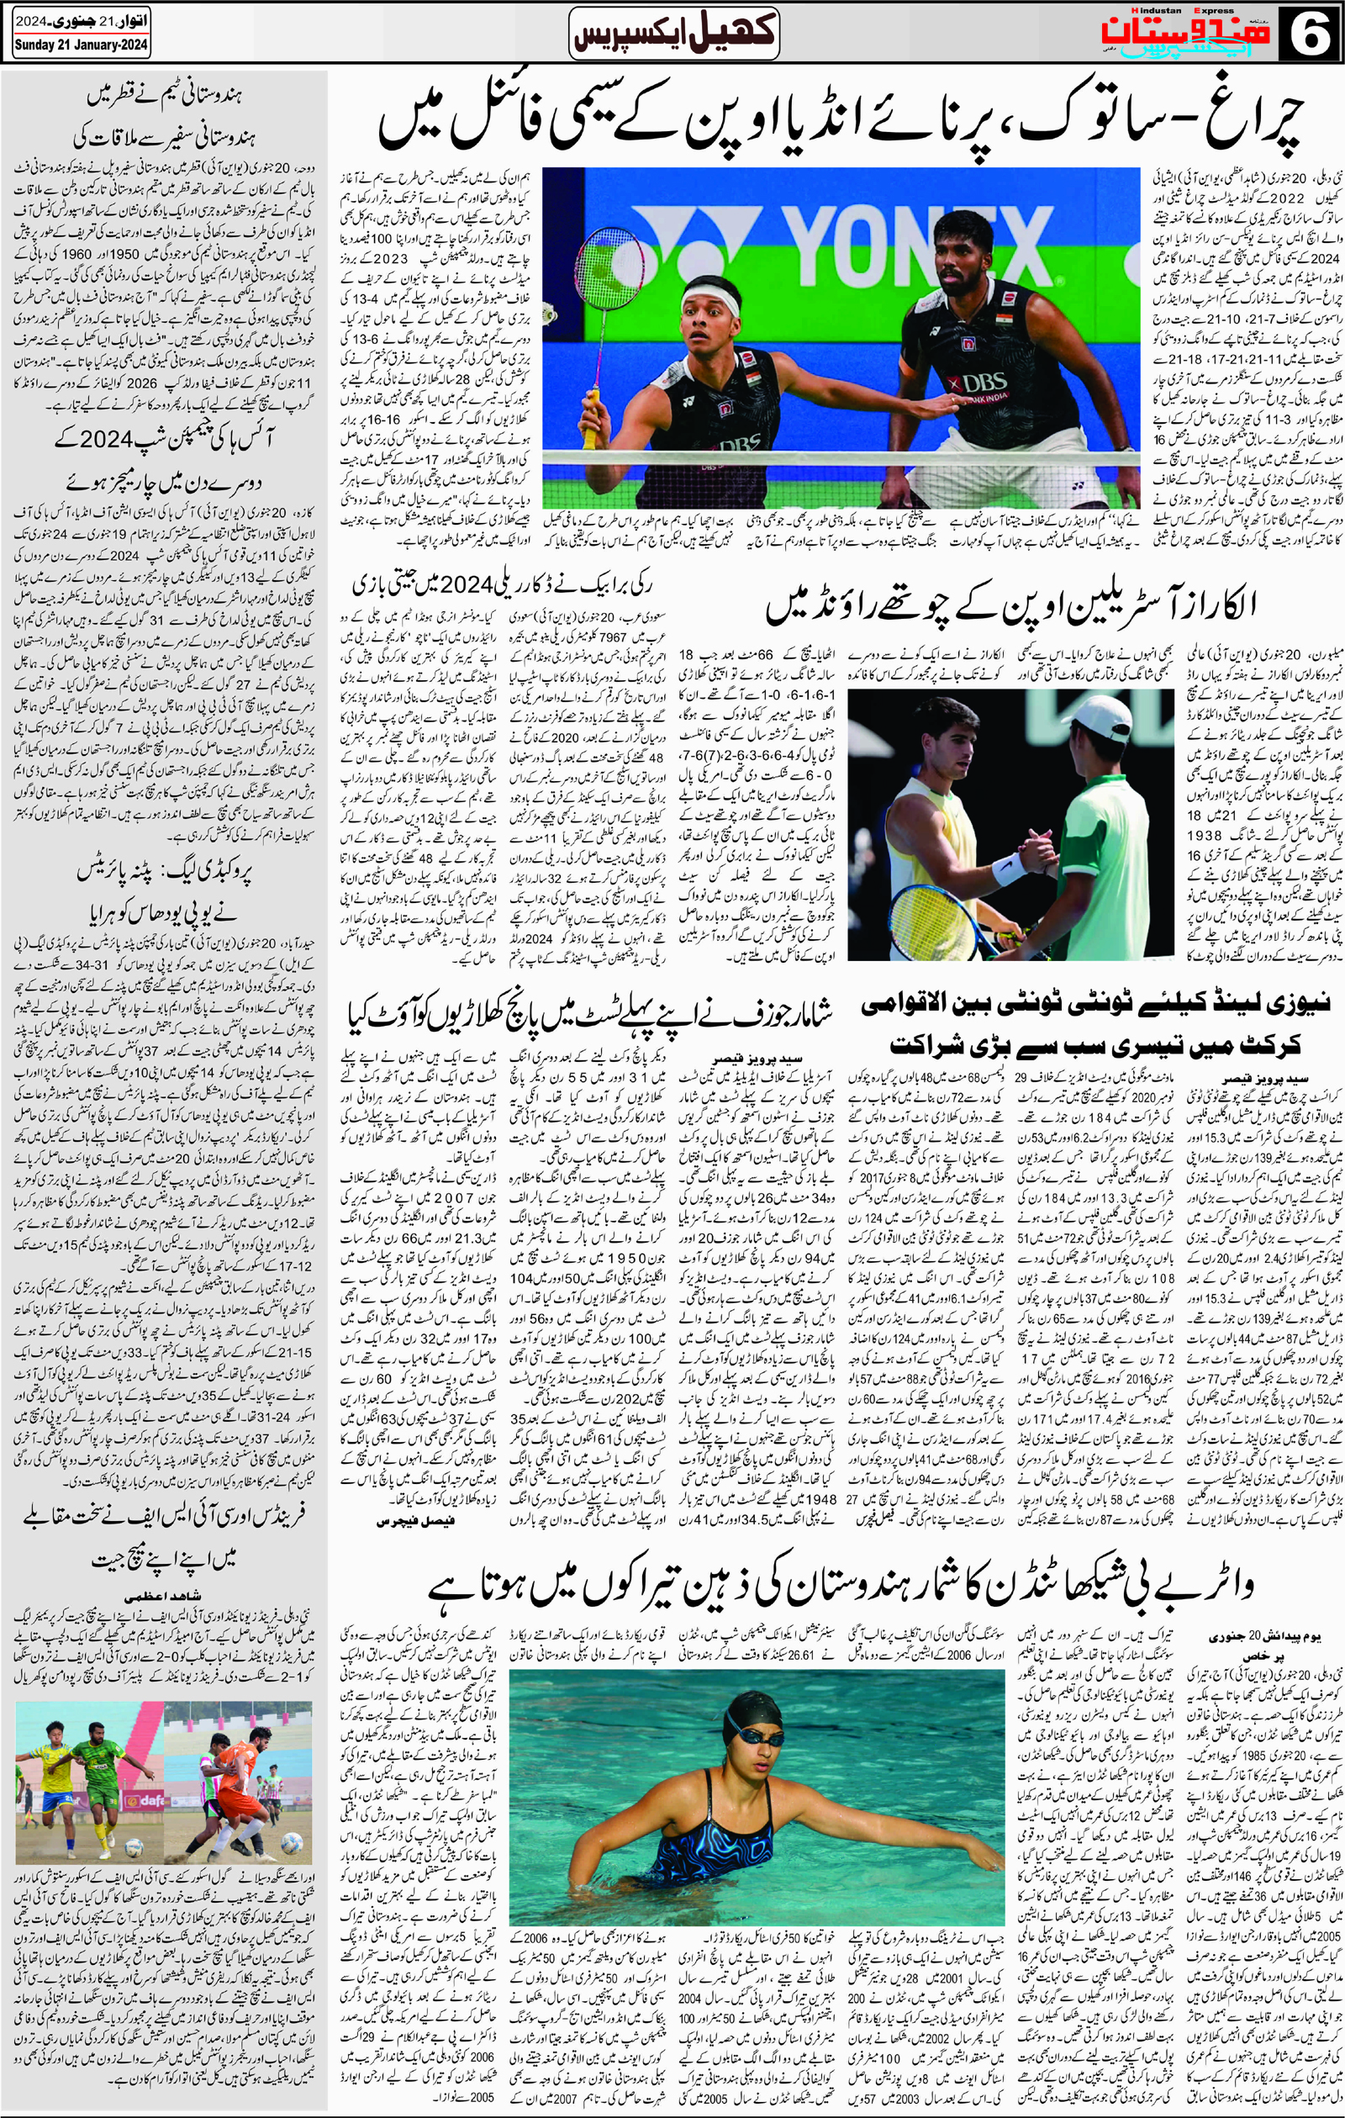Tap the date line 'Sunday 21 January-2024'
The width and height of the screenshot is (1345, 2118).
[81, 45]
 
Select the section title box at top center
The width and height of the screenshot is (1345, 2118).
[673, 33]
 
